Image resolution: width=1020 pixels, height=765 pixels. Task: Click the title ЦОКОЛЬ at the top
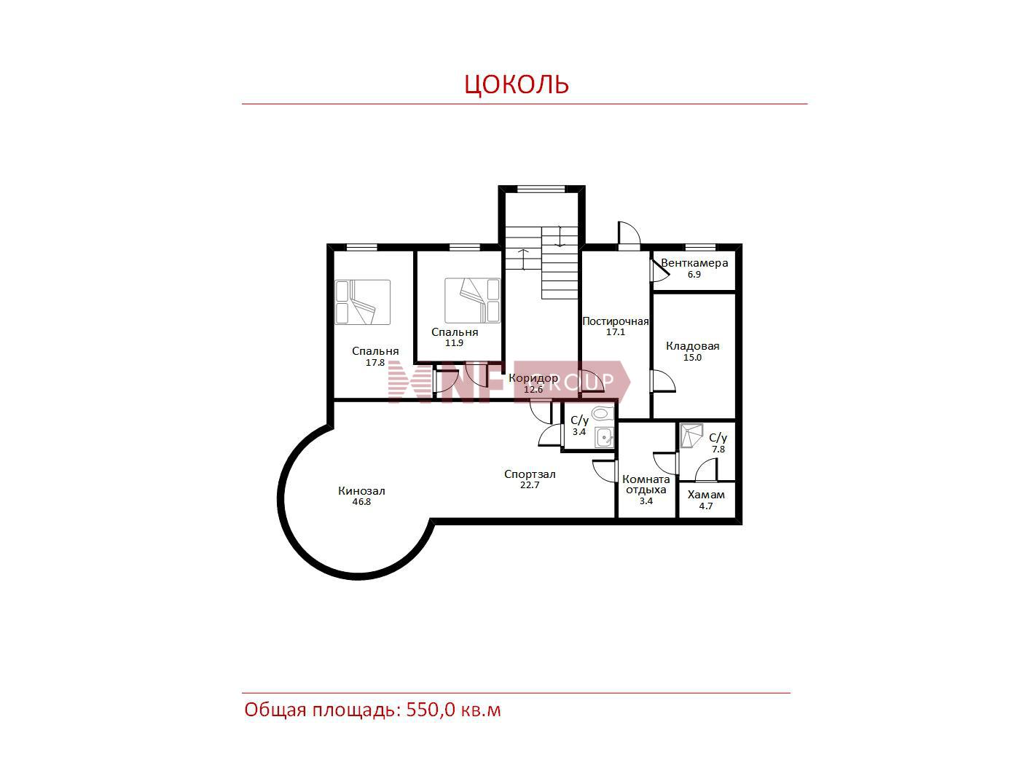tap(517, 84)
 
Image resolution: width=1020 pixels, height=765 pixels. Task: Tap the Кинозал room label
tap(361, 490)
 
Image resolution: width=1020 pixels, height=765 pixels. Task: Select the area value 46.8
tap(361, 502)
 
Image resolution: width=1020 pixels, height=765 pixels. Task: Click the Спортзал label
tap(529, 474)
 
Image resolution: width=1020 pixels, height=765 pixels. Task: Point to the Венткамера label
tap(694, 263)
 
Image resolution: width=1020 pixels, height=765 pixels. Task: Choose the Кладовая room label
tap(692, 346)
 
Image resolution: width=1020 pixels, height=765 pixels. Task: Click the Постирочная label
tap(615, 321)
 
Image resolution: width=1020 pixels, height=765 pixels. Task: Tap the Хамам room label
tap(706, 495)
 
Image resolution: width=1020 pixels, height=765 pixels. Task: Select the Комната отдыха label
tap(646, 484)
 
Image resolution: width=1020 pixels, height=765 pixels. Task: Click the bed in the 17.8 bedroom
tap(362, 302)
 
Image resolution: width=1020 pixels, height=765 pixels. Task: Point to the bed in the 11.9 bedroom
tap(472, 300)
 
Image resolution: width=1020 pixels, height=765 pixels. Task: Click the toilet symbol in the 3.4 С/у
tap(603, 413)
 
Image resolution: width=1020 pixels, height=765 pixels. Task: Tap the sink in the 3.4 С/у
tap(605, 436)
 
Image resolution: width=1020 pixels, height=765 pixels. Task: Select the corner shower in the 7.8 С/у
tap(691, 436)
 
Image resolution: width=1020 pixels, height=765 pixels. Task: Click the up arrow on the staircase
tap(524, 259)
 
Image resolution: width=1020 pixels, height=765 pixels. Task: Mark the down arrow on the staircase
tap(560, 236)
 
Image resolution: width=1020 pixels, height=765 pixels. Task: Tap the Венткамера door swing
tap(659, 271)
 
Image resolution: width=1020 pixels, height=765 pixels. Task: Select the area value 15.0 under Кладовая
tap(692, 357)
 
